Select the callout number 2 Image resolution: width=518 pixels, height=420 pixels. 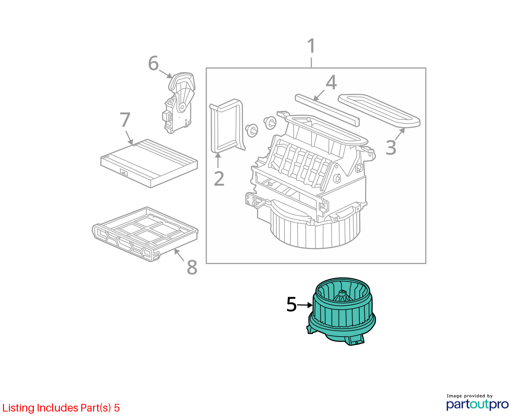coord(219,179)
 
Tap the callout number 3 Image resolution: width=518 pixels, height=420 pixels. coord(391,147)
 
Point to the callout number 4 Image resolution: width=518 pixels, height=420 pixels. coord(331,82)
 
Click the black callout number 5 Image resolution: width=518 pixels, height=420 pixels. coord(292,304)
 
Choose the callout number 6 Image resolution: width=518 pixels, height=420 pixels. coord(154,63)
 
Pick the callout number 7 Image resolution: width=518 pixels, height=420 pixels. coord(125,119)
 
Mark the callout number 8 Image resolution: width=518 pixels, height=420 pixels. coord(192,267)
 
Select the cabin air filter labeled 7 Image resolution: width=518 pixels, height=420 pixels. coord(149,163)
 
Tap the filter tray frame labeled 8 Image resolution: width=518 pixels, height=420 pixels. coord(145,234)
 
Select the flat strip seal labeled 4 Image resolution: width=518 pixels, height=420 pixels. coord(327,110)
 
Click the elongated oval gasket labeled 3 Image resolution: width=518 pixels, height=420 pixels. coord(379,111)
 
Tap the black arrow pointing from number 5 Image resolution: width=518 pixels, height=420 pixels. coord(305,305)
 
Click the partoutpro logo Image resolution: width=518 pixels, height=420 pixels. coord(477,405)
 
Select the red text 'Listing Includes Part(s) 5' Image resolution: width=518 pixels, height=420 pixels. coord(61,408)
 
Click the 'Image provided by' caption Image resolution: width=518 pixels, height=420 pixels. coord(470,396)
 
